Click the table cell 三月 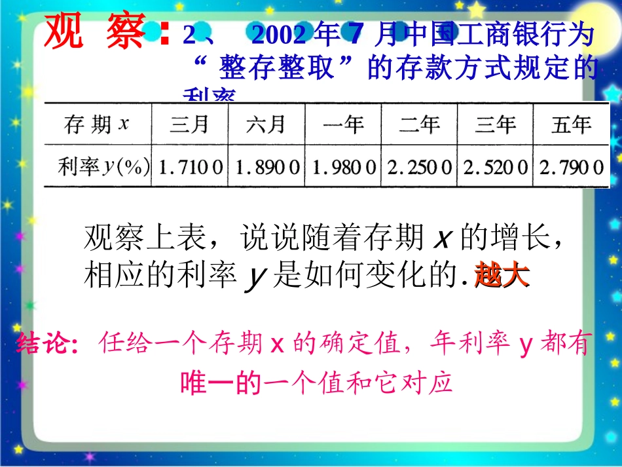pyautogui.click(x=190, y=124)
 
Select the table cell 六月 pyautogui.click(x=266, y=124)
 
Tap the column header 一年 pyautogui.click(x=343, y=124)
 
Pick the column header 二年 pyautogui.click(x=420, y=124)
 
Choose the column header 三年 pyautogui.click(x=496, y=124)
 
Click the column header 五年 pyautogui.click(x=571, y=124)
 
